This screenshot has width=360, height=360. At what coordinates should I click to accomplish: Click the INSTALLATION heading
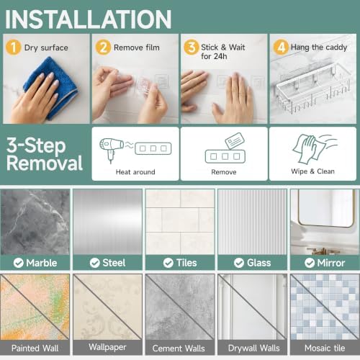coord(88,19)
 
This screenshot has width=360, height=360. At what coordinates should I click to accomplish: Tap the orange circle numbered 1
coord(13,48)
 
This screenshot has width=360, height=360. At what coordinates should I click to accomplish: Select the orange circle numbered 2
coord(103,48)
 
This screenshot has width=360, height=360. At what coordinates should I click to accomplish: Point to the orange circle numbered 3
coord(192,47)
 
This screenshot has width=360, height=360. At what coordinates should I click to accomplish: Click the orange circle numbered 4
coord(281,47)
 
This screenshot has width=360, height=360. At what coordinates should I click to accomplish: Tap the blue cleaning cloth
coord(52,88)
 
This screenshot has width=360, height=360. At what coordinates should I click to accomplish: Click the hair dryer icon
coord(111,150)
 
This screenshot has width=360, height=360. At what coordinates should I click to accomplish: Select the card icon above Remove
coord(235,141)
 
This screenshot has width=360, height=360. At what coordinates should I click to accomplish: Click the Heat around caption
coord(135,172)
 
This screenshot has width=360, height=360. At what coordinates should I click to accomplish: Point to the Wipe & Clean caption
coord(312,171)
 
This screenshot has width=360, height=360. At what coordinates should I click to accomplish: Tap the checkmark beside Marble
coord(19,263)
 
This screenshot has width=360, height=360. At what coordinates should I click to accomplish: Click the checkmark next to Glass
coord(239,263)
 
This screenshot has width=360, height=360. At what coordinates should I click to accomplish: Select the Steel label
coord(114,263)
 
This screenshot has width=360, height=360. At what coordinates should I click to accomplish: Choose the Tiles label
coord(186,263)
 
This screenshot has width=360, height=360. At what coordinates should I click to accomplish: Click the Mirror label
coord(331,263)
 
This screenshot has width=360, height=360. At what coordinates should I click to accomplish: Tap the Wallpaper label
coord(107,347)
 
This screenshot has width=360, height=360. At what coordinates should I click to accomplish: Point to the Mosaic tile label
coord(325,348)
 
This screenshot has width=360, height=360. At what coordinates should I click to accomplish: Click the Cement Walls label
coord(179,348)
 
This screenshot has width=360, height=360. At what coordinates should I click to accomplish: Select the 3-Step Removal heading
coord(45,154)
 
